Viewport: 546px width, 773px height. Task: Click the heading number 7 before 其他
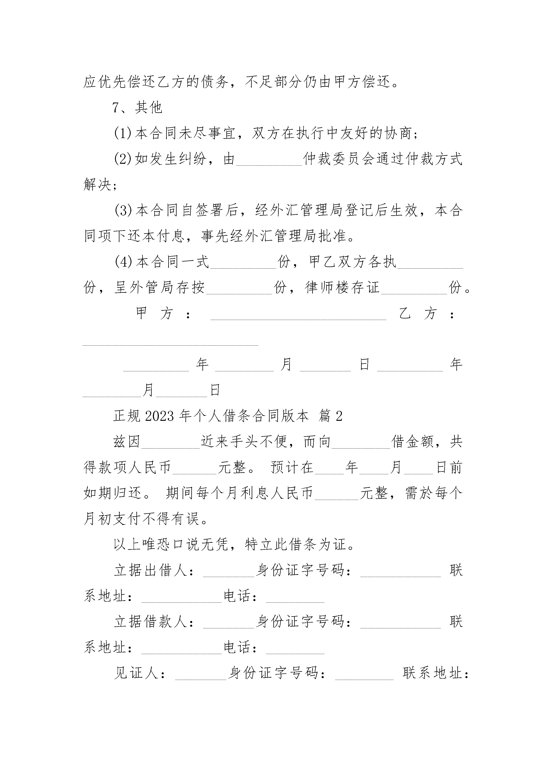[116, 108]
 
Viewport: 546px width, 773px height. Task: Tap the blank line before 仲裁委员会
[269, 165]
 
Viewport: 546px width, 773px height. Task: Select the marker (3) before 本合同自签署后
[123, 211]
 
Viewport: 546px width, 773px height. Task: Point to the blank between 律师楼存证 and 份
[414, 293]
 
